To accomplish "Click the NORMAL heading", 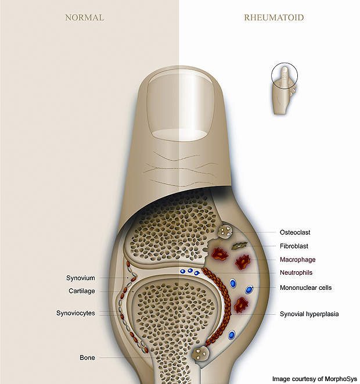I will pos(84,17).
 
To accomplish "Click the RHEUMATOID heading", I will pos(273,17).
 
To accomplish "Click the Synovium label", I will pos(80,278).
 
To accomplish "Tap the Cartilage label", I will pos(81,291).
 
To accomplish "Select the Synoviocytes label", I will pos(76,314).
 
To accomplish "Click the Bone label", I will pos(88,357).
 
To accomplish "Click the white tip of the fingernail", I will pos(178,134).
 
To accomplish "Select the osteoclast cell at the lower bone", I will pos(201,352).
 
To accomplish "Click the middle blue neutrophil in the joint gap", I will pos(190,271).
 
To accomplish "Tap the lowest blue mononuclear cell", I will pos(232,335).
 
